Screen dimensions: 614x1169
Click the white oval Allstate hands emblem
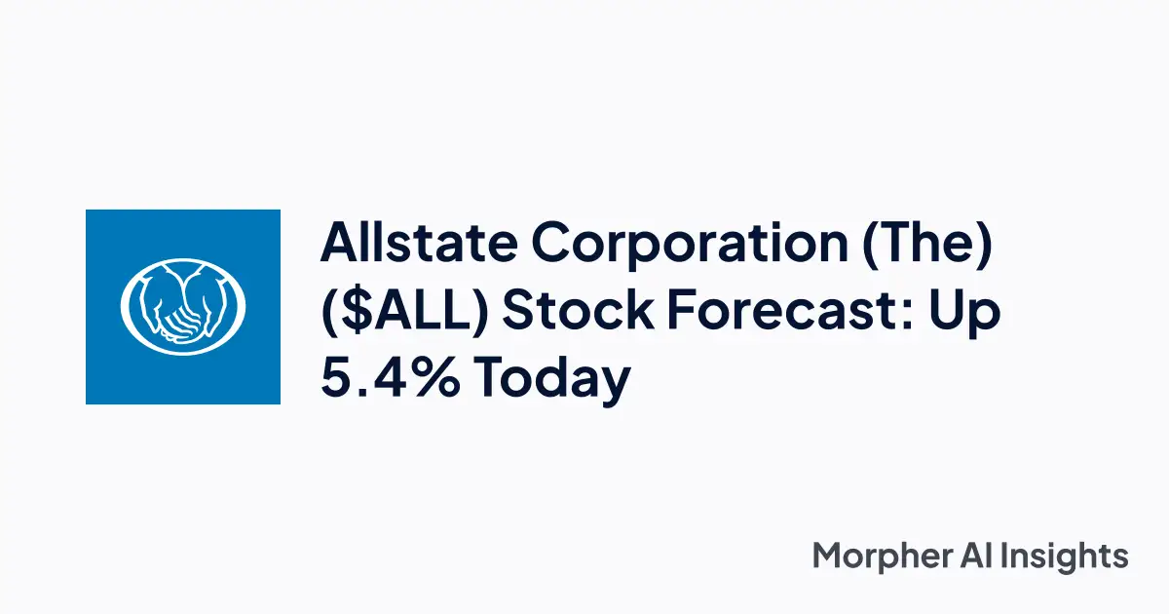(183, 305)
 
